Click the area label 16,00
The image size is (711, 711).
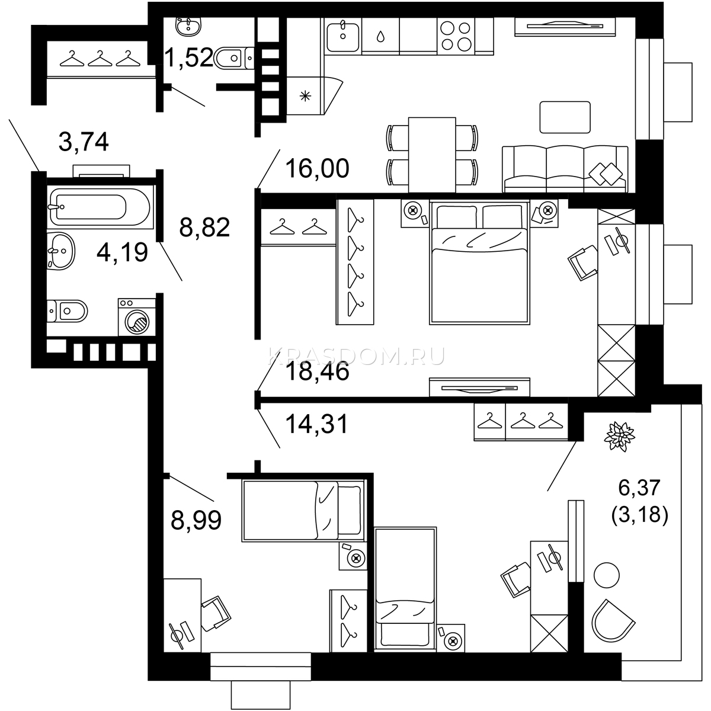pos(318,168)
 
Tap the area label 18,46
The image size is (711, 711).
pos(318,371)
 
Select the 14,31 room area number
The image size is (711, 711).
pos(316,424)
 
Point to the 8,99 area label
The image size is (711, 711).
pos(196,520)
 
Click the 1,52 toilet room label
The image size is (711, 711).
pos(188,57)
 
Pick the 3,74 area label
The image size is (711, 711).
pos(84,142)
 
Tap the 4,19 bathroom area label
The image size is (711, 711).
pos(122,252)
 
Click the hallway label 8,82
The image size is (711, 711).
pos(204,227)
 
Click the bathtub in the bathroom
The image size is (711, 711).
pos(100,207)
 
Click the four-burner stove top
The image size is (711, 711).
pos(456,36)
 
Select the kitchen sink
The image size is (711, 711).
pos(343,36)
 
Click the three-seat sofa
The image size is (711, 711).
pos(565,169)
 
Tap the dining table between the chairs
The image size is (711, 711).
pos(432,155)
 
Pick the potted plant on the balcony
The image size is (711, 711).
pos(620,437)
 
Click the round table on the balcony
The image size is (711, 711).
pos(607,575)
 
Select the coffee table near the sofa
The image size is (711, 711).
pos(565,117)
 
